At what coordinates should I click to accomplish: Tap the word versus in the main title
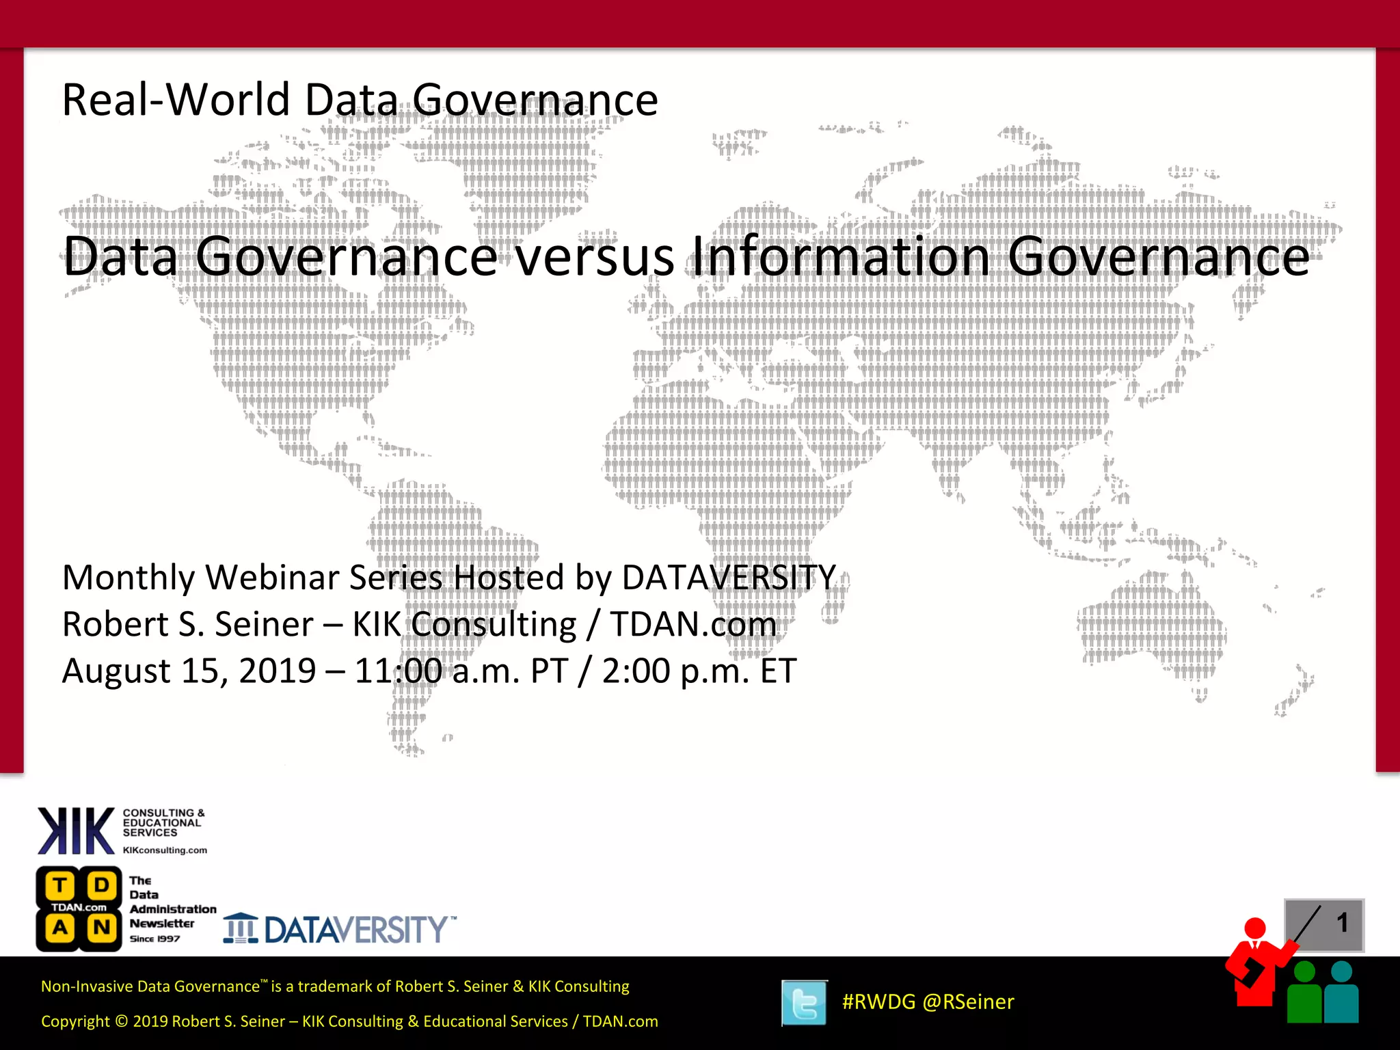pos(594,257)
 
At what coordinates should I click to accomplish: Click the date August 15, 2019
pos(189,671)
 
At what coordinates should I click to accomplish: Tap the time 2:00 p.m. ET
pos(699,671)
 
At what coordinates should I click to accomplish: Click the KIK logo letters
pos(76,831)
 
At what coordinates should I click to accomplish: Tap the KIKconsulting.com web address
pos(165,850)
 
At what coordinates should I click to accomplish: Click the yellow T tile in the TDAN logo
pos(60,886)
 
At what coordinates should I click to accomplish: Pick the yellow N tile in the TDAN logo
pos(101,928)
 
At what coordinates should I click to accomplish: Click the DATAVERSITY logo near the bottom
pos(340,929)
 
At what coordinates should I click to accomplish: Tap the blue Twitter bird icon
pos(804,1003)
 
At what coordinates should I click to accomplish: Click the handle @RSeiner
pos(968,1001)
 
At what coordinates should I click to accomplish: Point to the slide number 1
pos(1342,923)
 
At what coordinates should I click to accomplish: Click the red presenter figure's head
pos(1255,928)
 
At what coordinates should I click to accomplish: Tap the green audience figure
pos(1304,995)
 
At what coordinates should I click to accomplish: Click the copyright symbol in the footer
pos(121,1021)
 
